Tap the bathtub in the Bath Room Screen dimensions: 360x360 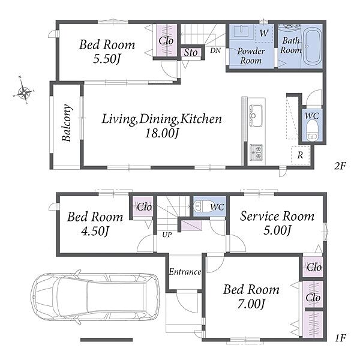311,47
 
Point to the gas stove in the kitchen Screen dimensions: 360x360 256,152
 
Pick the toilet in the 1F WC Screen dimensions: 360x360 199,206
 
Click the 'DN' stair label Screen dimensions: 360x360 215,50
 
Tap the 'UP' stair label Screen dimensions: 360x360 167,235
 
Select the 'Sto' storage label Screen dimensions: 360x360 191,53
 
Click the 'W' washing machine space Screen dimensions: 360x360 264,33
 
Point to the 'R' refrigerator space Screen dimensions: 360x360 301,155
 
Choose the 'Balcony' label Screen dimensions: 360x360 67,123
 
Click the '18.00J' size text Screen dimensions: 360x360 161,133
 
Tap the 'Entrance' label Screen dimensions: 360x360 185,272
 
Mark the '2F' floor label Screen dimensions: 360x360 340,166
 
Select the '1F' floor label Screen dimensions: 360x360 340,338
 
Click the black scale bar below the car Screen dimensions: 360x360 107,340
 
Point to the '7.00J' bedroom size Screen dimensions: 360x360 251,304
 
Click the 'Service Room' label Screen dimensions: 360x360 277,216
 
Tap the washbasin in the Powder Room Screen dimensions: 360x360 242,31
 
